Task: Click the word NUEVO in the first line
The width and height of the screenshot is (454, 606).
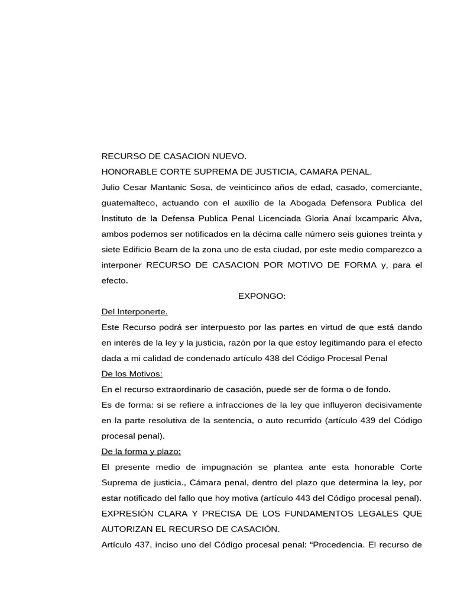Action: [227, 156]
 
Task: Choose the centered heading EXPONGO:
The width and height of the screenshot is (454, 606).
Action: [262, 296]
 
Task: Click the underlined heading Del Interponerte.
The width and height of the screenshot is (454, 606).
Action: [135, 311]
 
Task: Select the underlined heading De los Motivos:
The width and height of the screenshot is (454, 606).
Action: [132, 373]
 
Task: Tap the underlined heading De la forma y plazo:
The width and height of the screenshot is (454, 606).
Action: [141, 451]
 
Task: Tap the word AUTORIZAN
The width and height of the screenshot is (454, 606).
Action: [129, 528]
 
